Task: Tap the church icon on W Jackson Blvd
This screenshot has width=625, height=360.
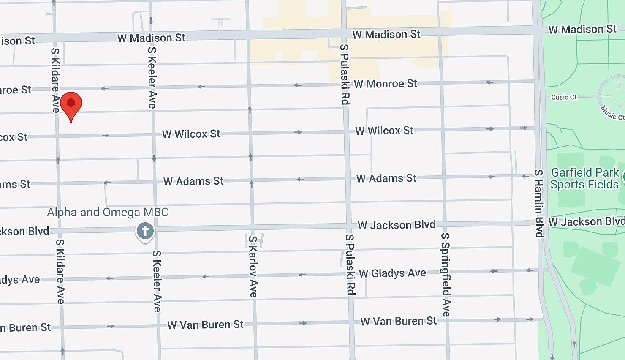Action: coord(145,231)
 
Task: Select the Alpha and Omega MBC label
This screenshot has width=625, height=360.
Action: coord(108,212)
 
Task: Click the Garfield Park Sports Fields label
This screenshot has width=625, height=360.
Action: coord(584,178)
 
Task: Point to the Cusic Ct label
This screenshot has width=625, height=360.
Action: coord(564,97)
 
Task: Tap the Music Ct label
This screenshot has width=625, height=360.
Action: coord(612,112)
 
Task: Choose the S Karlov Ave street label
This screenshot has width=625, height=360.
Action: coord(253,266)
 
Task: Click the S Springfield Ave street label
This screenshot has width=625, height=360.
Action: coord(446,274)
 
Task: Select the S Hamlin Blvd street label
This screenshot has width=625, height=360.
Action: coord(538,203)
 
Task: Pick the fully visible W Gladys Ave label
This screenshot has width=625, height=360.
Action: coord(392,273)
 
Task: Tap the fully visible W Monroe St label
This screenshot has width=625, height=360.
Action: coord(385,84)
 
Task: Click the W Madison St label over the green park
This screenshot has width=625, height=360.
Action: coord(582,29)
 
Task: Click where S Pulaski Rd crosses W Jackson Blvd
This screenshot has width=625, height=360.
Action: coord(348,226)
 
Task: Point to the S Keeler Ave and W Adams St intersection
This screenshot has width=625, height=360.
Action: coord(155,182)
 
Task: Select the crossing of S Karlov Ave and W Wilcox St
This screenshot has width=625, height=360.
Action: coord(250,133)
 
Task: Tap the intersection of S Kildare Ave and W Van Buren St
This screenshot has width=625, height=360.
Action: coord(62,327)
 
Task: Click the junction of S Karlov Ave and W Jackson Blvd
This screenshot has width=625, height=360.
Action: coord(253,228)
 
